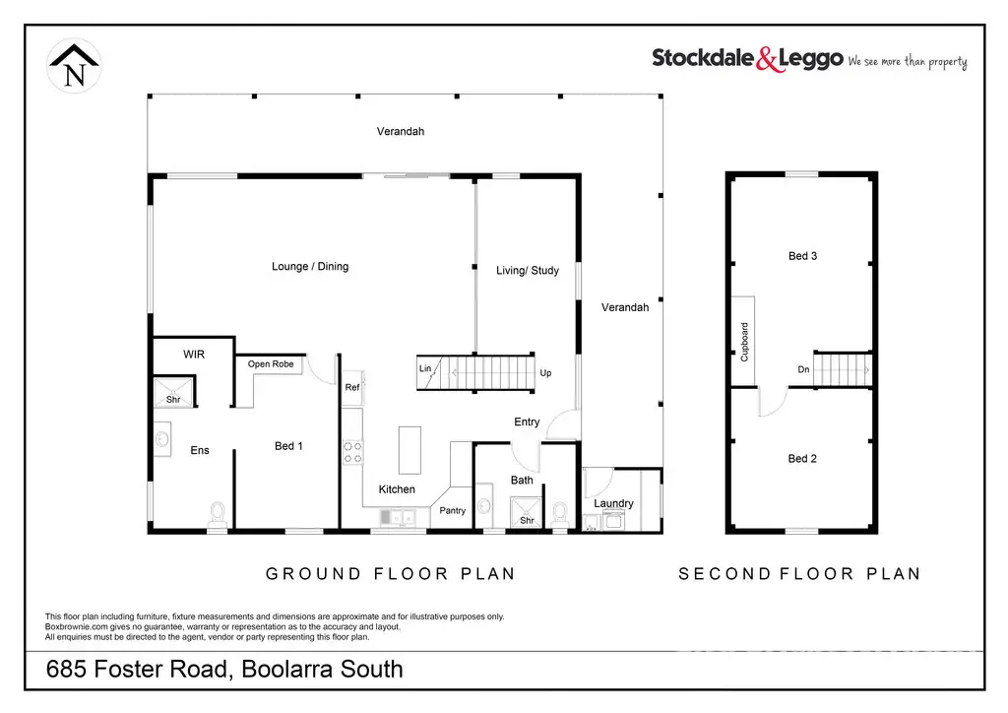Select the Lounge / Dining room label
point(310,267)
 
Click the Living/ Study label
point(527,270)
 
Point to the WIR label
point(194,355)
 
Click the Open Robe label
point(271,364)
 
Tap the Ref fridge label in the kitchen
point(351,388)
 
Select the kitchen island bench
point(409,451)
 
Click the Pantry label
point(453,510)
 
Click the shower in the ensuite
point(172,393)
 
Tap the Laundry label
point(613,504)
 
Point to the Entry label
point(527,422)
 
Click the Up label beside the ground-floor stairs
point(546,373)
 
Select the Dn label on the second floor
point(804,370)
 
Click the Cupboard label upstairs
point(745,341)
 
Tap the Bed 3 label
point(803,256)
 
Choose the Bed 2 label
point(802,459)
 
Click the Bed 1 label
point(288,446)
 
